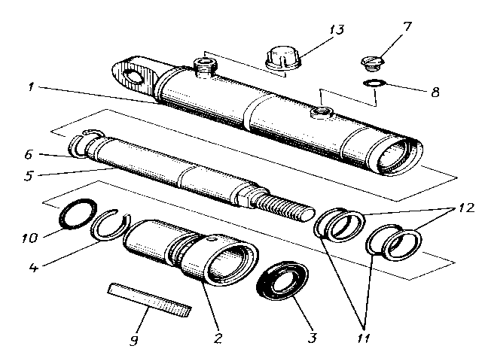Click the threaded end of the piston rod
(x=286, y=205)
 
